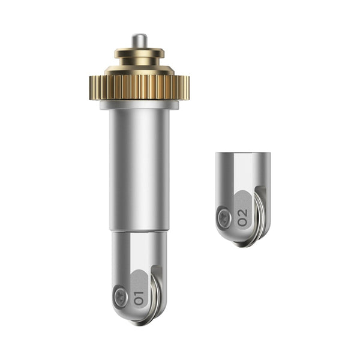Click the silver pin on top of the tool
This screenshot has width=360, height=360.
click(139, 41)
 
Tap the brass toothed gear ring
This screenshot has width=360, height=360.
click(139, 88)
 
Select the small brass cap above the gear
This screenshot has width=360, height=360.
click(139, 53)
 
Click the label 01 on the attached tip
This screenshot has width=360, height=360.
click(139, 298)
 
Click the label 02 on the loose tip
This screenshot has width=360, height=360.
click(242, 217)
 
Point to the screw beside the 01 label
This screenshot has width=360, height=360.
click(121, 296)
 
